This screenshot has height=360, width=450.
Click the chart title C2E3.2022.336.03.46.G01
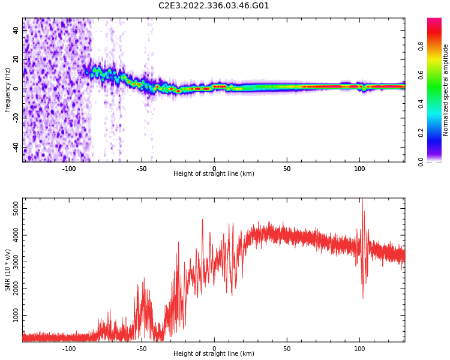[214, 6]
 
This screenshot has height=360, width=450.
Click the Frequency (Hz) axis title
[8, 90]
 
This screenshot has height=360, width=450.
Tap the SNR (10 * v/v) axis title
[8, 270]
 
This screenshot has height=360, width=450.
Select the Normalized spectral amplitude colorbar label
[446, 90]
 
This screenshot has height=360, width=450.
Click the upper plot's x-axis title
[214, 174]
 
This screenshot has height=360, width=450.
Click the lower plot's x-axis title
[214, 354]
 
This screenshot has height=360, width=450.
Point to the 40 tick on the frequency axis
[16, 31]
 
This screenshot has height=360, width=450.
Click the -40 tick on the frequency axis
[16, 147]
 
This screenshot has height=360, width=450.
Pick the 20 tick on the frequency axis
[16, 60]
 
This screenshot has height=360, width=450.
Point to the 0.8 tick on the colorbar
[421, 46]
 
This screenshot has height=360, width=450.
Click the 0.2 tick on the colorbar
[421, 133]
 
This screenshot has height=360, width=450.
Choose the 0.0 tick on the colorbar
[421, 161]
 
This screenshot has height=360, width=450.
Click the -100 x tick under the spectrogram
[69, 169]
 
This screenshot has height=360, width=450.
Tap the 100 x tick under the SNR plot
[359, 349]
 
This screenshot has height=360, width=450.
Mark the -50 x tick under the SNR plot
[142, 349]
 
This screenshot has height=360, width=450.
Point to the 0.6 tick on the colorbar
[421, 74]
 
